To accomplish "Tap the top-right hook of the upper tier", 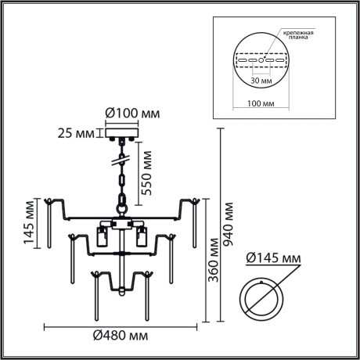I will pyautogui.click(x=191, y=202).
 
